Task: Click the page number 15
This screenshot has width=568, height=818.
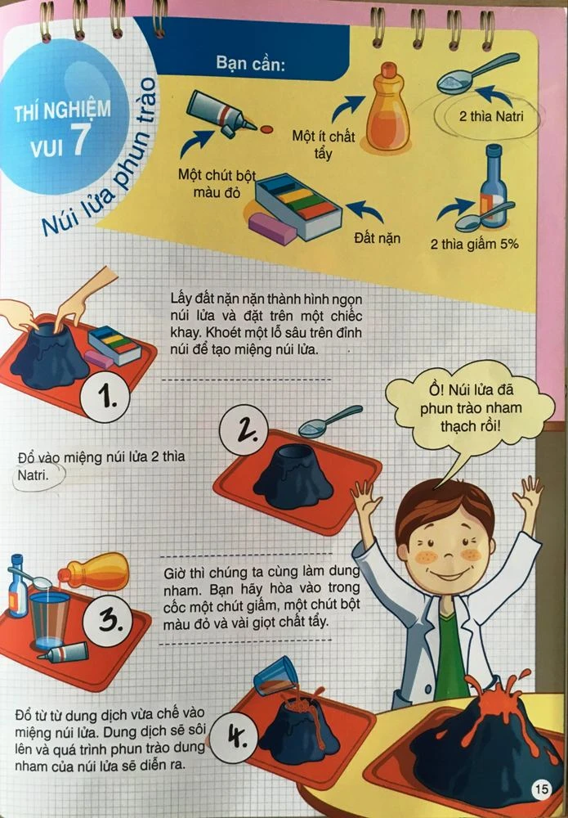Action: tap(541, 790)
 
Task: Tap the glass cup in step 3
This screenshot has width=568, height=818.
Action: tap(51, 618)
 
